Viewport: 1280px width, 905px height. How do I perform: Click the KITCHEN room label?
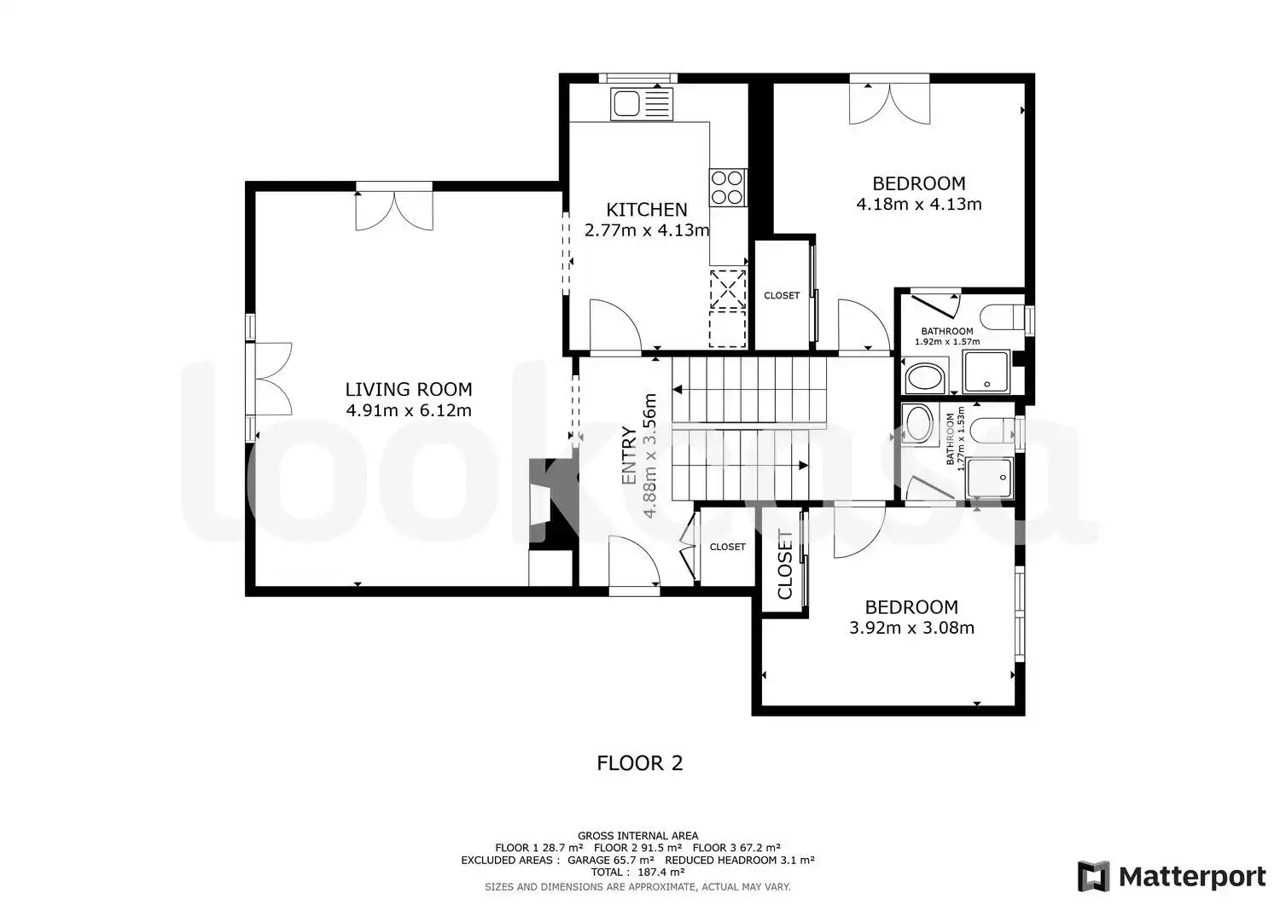[646, 210]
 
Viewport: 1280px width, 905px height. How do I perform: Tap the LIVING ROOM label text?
[409, 390]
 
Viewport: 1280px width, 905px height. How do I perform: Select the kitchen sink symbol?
[641, 104]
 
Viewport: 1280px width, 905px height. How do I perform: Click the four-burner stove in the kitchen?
[728, 188]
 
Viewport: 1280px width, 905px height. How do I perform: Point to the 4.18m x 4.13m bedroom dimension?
[919, 204]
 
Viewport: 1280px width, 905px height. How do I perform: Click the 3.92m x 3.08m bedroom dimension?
[911, 628]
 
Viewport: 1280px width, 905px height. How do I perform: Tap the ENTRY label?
[629, 456]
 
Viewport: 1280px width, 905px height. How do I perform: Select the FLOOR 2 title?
[639, 763]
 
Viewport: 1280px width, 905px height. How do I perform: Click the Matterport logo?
[1172, 876]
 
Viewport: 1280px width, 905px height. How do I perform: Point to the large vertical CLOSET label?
[785, 565]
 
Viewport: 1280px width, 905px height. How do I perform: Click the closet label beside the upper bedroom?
[782, 295]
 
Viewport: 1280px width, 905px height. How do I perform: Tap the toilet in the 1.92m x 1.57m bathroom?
[1003, 317]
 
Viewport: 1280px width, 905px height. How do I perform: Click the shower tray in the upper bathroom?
[986, 372]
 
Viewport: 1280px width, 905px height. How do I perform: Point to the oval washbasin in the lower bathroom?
[919, 423]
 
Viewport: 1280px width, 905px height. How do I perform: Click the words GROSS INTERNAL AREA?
[637, 836]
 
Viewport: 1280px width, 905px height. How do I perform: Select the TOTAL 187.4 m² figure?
[637, 873]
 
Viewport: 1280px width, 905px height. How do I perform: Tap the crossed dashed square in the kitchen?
[728, 288]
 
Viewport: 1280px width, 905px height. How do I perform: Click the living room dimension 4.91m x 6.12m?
[409, 410]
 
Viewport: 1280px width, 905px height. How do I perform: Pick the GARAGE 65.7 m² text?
[611, 860]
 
